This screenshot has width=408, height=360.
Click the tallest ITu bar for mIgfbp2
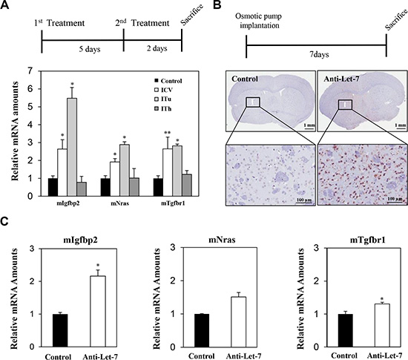click(72, 147)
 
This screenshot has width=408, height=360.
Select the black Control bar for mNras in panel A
click(105, 187)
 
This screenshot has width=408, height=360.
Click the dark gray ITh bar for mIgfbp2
click(82, 189)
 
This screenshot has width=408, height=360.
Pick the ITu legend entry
click(163, 99)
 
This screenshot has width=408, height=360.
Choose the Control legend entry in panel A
click(168, 81)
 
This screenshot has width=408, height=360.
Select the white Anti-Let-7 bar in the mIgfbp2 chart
click(98, 311)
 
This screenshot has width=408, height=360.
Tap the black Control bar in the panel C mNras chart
click(201, 330)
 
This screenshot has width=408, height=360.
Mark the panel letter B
click(217, 4)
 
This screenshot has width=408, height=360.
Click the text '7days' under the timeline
click(319, 55)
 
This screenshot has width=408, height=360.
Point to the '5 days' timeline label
click(90, 49)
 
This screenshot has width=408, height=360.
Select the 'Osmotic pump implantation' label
click(259, 21)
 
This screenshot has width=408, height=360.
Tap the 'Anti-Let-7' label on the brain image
click(341, 79)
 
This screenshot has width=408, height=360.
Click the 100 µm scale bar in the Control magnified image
click(304, 202)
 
